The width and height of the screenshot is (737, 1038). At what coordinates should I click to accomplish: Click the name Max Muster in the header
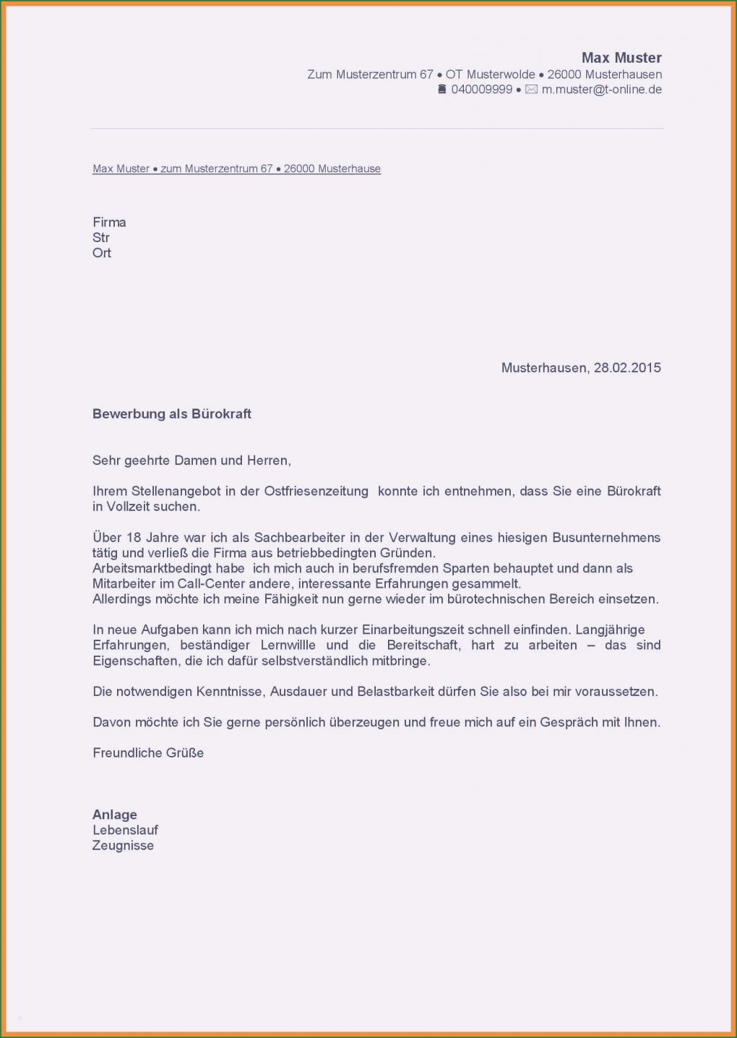621,58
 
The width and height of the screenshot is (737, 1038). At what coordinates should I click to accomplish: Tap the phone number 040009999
481,90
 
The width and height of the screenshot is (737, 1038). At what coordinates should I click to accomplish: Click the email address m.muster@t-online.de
601,90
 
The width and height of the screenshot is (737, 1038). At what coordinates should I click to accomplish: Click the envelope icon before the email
531,90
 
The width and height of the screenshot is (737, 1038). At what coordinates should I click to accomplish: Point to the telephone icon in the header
442,90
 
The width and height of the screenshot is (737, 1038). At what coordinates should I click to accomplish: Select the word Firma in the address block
109,223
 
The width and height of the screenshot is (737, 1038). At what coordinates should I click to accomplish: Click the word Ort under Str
102,253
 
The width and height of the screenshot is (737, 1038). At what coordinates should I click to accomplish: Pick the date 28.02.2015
627,368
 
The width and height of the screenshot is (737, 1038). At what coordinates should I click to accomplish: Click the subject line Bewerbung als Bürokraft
172,414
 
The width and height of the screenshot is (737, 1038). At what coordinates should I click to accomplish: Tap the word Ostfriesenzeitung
316,492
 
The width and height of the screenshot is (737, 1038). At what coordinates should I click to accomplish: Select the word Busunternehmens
606,538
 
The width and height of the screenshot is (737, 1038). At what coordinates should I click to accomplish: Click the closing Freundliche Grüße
148,753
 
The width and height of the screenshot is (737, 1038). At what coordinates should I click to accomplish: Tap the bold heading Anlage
115,815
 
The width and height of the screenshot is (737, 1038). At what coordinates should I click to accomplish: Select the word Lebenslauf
125,831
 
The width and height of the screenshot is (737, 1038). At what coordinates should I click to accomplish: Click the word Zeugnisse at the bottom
123,846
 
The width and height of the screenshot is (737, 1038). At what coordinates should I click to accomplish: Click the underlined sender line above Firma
236,169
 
